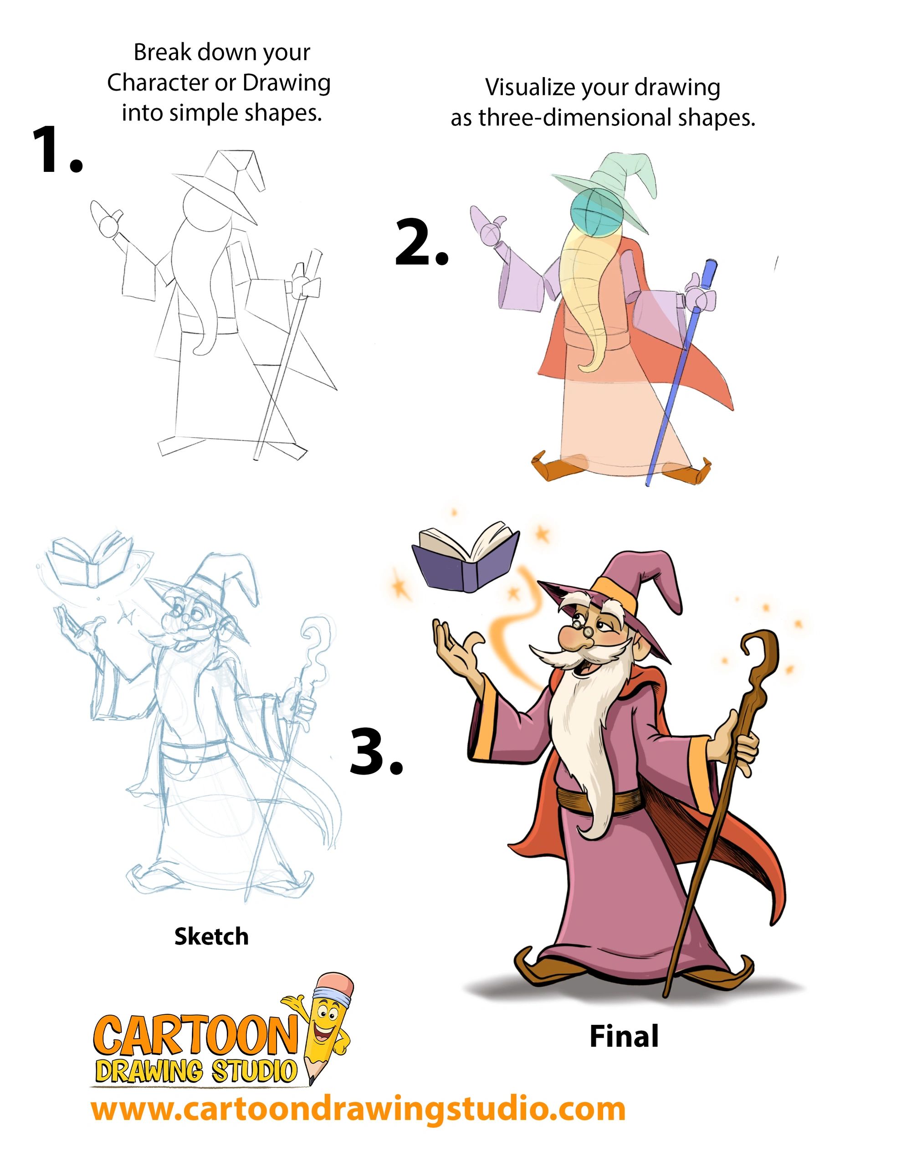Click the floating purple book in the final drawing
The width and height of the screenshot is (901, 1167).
pos(465,558)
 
